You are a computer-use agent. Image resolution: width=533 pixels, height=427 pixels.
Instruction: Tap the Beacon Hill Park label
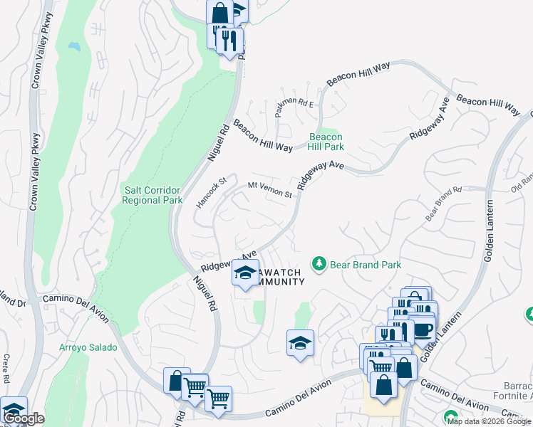point(326,142)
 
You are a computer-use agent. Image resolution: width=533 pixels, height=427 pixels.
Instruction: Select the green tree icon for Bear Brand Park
point(319,264)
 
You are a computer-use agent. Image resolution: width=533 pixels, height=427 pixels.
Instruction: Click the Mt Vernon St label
point(270,189)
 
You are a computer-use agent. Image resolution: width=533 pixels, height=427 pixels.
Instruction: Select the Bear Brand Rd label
point(443,204)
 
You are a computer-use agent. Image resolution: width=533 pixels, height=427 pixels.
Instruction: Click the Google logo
point(23,419)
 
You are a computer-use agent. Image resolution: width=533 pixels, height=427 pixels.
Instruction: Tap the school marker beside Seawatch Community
point(245,273)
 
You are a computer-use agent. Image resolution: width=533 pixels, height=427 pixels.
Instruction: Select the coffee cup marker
point(423,330)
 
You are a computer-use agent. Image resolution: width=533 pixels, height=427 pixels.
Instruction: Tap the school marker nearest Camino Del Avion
point(300,343)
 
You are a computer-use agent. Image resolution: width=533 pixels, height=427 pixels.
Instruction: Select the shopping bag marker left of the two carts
point(175,380)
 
